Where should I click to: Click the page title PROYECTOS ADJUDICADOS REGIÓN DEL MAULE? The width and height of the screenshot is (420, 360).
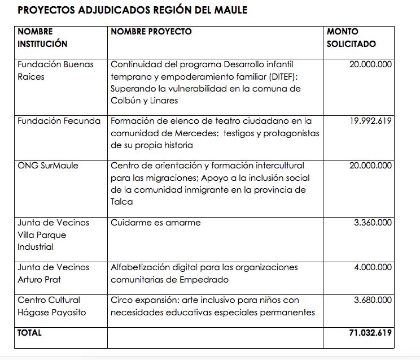132,10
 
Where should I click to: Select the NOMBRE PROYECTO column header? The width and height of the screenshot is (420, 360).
151,32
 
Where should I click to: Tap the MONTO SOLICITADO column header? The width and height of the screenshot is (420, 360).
351,37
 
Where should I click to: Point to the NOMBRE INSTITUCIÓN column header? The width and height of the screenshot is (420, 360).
42,37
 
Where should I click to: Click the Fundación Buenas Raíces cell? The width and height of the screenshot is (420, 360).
55,70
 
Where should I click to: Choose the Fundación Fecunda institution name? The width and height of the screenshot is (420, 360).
59,120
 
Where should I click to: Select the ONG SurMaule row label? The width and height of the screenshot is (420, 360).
48,166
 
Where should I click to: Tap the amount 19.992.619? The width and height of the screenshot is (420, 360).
370,120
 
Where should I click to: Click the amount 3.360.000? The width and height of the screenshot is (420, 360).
373,223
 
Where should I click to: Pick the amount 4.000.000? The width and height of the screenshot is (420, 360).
373,267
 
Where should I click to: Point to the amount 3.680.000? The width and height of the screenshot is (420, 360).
373,300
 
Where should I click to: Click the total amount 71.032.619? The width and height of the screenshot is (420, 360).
370,333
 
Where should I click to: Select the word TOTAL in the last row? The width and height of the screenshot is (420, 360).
29,333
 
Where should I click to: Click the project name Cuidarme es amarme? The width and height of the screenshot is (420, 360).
155,223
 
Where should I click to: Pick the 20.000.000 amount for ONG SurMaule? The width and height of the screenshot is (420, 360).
370,166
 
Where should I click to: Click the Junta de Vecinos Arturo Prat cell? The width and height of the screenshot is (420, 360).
53,273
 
